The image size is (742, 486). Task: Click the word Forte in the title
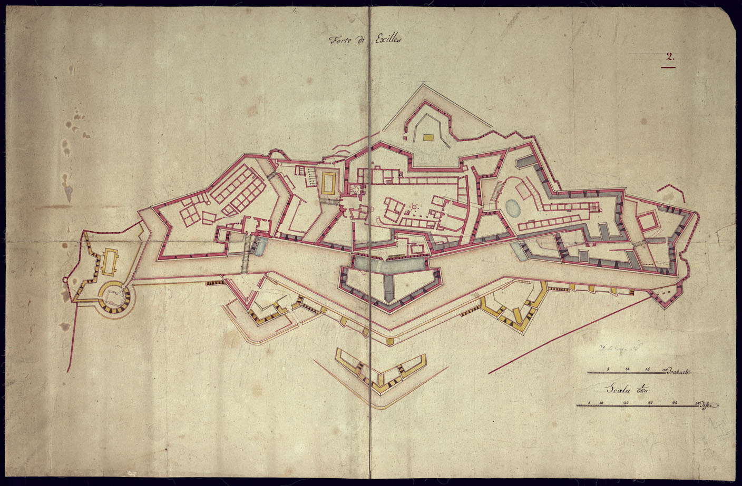click(339, 39)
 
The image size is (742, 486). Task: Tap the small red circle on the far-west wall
click(65, 279)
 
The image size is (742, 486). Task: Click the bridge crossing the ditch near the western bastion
click(246, 254)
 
